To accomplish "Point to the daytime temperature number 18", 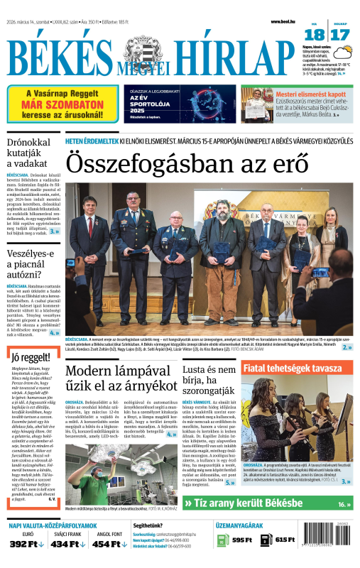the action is point(315,35).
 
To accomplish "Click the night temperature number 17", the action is point(339,35).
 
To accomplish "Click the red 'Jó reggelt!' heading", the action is point(31,356).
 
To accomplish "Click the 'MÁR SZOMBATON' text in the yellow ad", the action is point(63,104).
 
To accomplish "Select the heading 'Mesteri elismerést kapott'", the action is point(310,94).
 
